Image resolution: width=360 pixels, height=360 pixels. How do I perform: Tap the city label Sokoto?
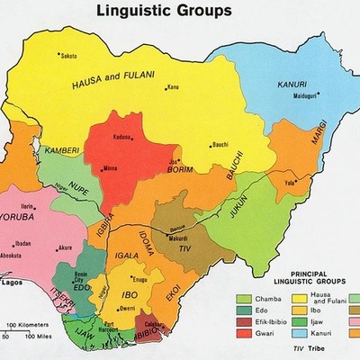pyautogui.click(x=68, y=56)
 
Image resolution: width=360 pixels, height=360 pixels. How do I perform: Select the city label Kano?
pyautogui.click(x=174, y=87)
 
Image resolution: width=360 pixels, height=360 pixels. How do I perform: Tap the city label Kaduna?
pyautogui.click(x=122, y=137)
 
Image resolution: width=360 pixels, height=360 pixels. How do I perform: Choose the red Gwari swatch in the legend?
pyautogui.click(x=244, y=335)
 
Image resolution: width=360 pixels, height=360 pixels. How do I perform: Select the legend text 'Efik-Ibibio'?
pyautogui.click(x=274, y=323)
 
